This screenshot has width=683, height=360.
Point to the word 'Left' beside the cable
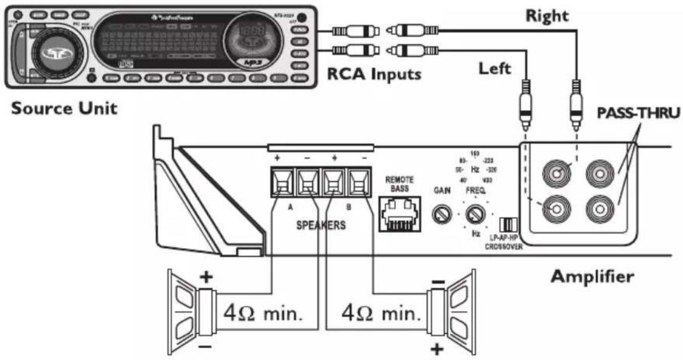pos(494,69)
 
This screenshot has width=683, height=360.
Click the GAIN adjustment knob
pos(441,215)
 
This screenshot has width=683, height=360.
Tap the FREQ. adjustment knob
pos(476,215)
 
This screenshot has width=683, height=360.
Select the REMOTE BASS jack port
pos(399,212)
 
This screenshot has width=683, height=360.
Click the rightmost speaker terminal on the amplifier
pos(358,184)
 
